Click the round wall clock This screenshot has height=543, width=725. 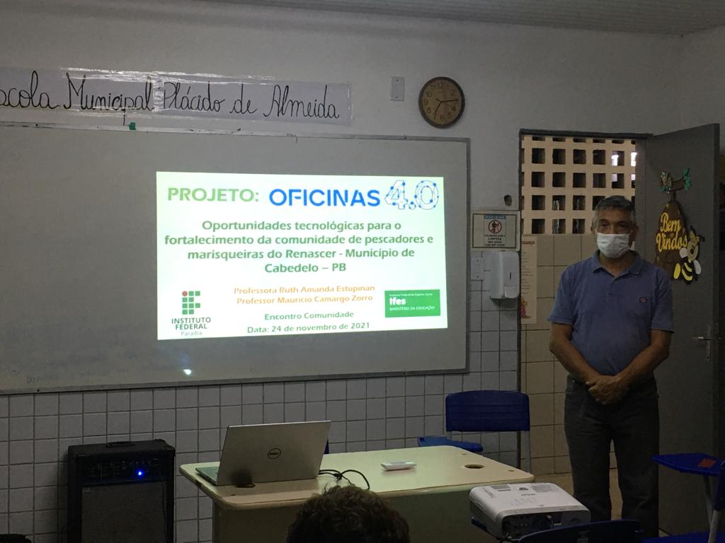[441, 102]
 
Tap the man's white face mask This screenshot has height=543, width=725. [613, 245]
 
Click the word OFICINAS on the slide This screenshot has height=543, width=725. [324, 197]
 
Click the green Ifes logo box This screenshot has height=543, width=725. [412, 303]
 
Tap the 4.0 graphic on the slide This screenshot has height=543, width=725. [412, 195]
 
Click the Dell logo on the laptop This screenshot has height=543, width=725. [274, 452]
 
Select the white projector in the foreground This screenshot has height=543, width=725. [528, 508]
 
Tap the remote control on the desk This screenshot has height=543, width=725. [398, 465]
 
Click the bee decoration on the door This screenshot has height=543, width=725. [687, 257]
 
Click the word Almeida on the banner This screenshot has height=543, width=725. [302, 107]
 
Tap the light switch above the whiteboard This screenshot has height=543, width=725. [397, 88]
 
